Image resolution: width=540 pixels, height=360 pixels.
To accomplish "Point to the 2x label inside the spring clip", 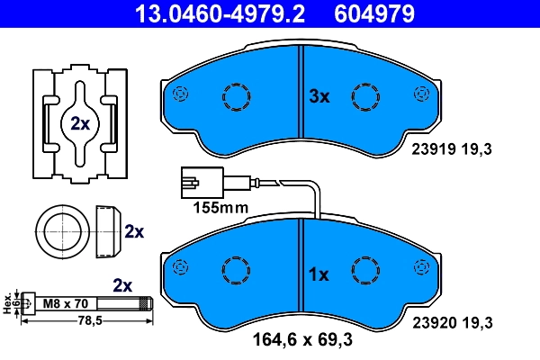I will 80,124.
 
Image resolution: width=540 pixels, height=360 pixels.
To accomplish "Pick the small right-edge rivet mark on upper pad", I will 420,94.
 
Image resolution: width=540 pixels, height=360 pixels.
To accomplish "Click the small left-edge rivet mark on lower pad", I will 183,268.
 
